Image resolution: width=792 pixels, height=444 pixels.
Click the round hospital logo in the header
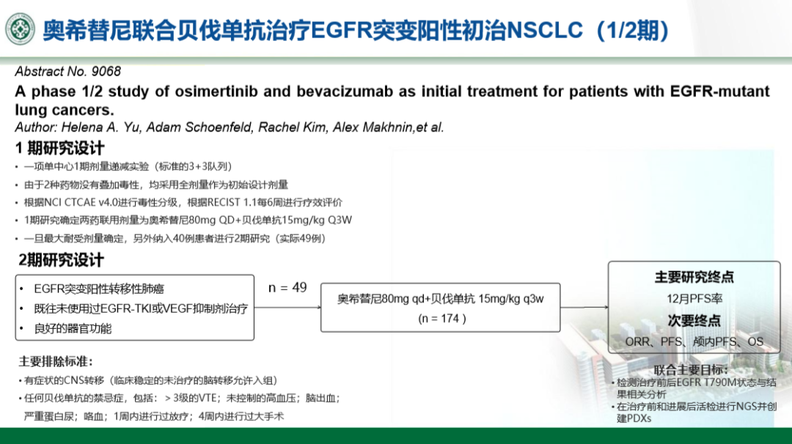click(21, 29)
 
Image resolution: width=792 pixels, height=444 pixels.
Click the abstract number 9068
click(106, 71)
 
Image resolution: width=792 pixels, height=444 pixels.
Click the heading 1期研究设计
click(60, 148)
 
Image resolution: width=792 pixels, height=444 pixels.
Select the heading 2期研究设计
click(61, 260)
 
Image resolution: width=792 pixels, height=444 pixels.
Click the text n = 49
click(287, 288)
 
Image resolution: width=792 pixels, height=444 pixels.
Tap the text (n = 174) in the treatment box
click(442, 319)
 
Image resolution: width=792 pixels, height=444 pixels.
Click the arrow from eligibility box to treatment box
click(287, 307)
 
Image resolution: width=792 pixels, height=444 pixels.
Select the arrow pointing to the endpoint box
click(584, 307)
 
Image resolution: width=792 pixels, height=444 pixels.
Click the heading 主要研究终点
click(694, 277)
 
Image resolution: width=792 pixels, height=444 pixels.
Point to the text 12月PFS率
click(694, 299)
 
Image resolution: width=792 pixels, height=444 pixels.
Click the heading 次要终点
click(694, 320)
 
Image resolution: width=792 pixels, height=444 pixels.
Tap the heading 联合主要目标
click(691, 370)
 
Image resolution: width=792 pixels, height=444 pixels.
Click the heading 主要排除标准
click(56, 361)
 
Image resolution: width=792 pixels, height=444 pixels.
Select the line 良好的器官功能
click(73, 329)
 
